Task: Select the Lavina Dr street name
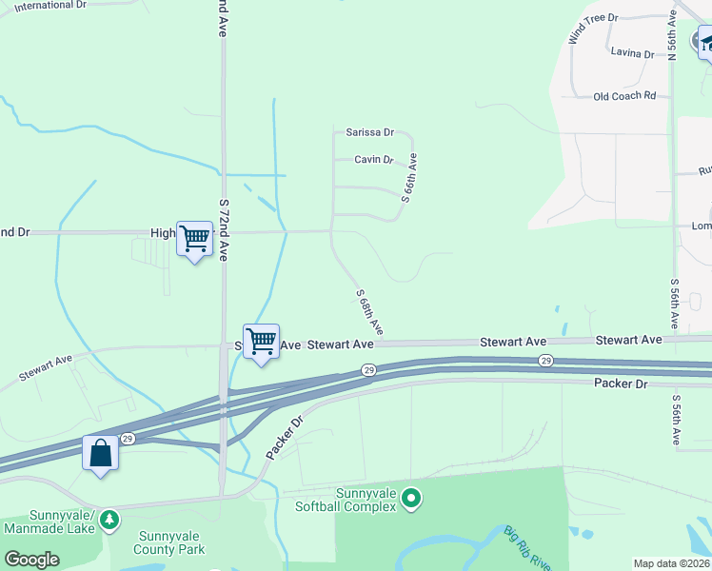pos(633,54)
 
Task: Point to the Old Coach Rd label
pos(624,96)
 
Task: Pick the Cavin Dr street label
pos(374,160)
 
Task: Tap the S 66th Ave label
pos(409,181)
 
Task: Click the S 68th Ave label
pos(369,311)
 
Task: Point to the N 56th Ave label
pos(672,34)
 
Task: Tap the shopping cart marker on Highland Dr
pos(194,238)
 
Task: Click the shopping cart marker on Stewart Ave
pos(261,341)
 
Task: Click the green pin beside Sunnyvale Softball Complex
pos(411,498)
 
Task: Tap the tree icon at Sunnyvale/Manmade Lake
pos(110,519)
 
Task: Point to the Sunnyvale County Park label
pos(171,542)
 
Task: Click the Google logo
pos(31,560)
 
